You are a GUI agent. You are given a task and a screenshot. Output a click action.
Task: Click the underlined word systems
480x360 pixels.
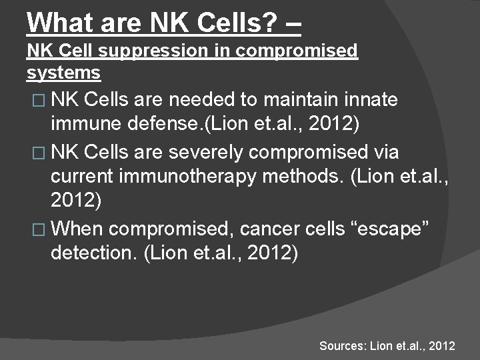tap(63, 71)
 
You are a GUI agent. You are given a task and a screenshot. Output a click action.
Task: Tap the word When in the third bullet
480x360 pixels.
tap(77, 229)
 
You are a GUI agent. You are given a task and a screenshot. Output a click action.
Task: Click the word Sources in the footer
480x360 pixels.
tap(341, 346)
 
